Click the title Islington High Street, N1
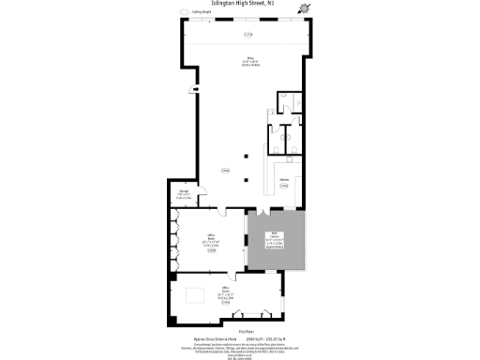pyautogui.click(x=240, y=5)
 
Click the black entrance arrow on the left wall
pyautogui.click(x=194, y=89)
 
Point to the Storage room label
pyautogui.click(x=185, y=195)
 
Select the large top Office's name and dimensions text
pyautogui.click(x=248, y=64)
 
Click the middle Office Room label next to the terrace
pyautogui.click(x=211, y=241)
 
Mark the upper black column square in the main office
pyautogui.click(x=247, y=156)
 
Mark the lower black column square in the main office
pyautogui.click(x=247, y=179)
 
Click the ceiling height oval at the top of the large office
pyautogui.click(x=248, y=35)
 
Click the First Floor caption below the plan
pyautogui.click(x=240, y=329)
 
